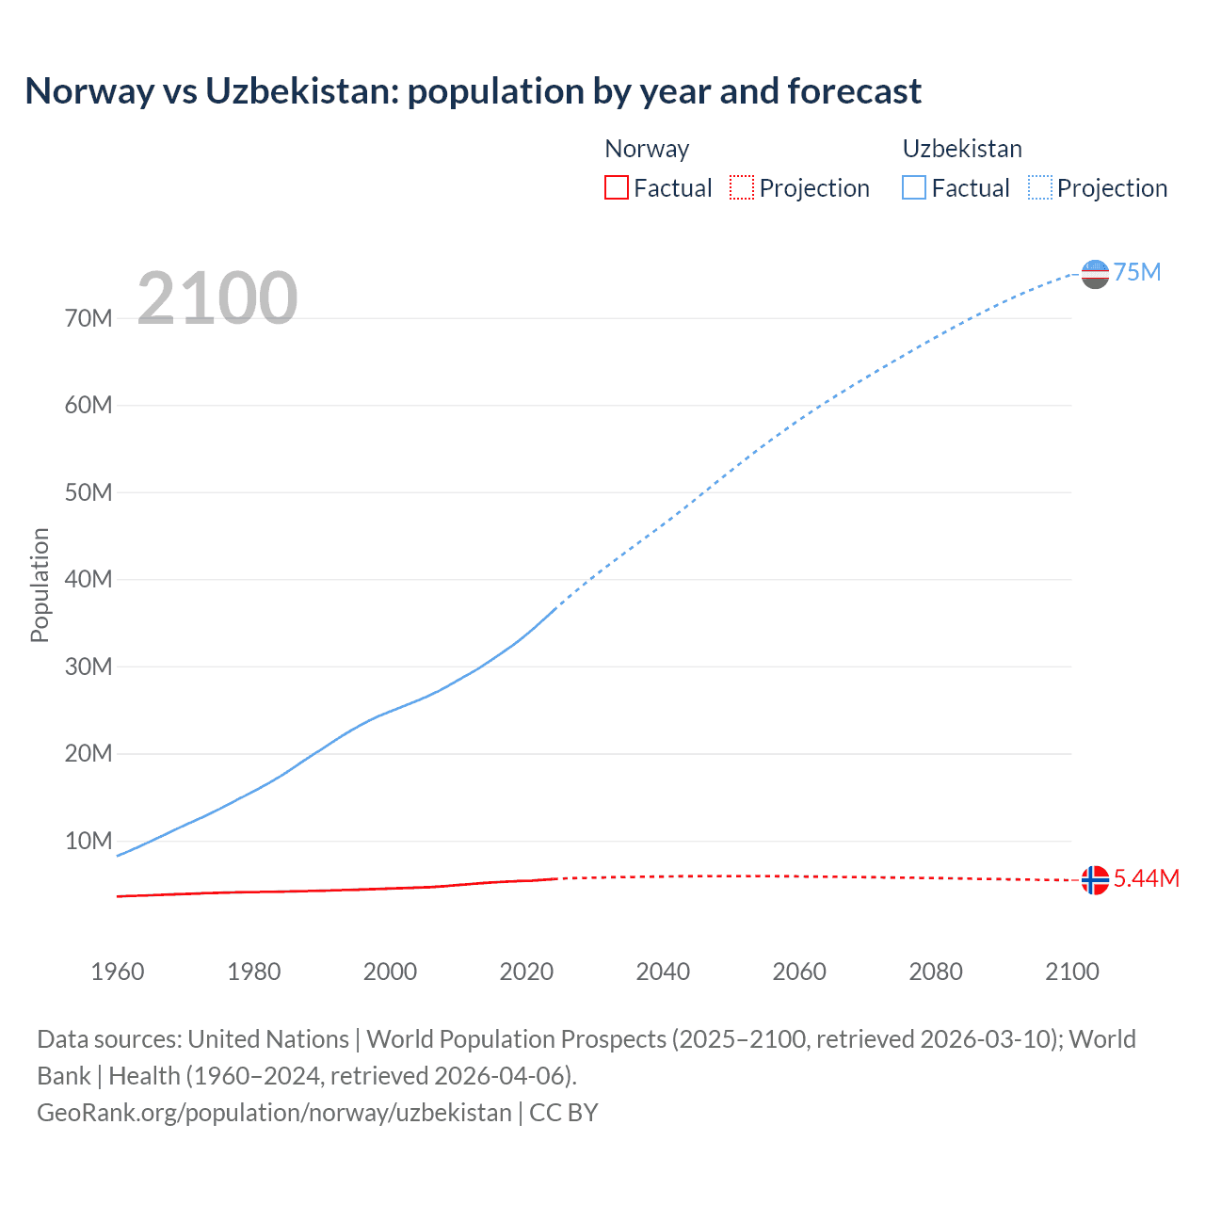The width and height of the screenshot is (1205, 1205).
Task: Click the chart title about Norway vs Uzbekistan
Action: click(473, 91)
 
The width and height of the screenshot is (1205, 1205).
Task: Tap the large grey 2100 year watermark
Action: click(217, 298)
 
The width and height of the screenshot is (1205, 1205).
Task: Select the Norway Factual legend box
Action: click(617, 187)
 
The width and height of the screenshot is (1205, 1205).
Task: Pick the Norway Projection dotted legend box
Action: click(742, 187)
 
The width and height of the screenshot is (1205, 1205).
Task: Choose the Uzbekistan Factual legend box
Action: click(914, 187)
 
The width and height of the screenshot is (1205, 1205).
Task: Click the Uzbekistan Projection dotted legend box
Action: click(1040, 187)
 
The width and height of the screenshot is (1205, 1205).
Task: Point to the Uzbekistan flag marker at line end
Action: click(1095, 274)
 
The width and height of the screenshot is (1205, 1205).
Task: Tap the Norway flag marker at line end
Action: click(1095, 879)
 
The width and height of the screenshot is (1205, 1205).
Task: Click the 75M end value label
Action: click(1137, 272)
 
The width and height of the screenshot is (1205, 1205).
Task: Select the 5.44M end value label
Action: click(1147, 878)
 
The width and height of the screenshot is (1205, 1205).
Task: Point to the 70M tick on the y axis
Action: click(88, 318)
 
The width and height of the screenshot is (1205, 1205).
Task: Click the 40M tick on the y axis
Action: click(88, 579)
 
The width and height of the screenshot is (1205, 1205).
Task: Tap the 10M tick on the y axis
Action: click(88, 841)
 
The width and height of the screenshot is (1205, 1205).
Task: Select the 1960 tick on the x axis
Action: click(118, 972)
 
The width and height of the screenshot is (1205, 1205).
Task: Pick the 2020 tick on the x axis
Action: click(526, 972)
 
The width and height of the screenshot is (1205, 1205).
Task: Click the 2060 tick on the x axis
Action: click(799, 972)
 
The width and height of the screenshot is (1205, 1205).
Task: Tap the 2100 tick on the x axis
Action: click(1072, 972)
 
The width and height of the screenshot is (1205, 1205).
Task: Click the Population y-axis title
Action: click(40, 585)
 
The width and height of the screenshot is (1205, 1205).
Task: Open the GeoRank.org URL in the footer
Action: click(274, 1112)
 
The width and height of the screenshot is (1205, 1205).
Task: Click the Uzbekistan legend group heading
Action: click(962, 149)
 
